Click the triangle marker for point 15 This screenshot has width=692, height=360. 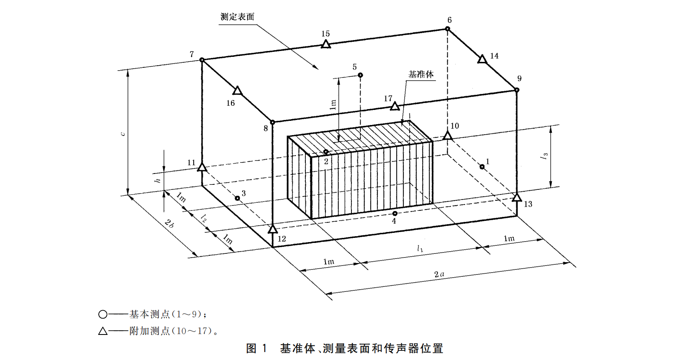pyautogui.click(x=326, y=44)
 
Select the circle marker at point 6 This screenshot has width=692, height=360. pyautogui.click(x=447, y=29)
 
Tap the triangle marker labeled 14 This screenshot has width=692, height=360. pyautogui.click(x=482, y=59)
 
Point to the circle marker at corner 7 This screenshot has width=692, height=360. pyautogui.click(x=202, y=60)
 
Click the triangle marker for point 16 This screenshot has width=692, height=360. pyautogui.click(x=237, y=90)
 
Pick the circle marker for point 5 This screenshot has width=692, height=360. pyautogui.click(x=360, y=75)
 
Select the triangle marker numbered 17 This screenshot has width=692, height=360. pyautogui.click(x=395, y=106)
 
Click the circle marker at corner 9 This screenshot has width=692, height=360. pyautogui.click(x=517, y=90)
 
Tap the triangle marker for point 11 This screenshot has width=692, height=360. pyautogui.click(x=202, y=167)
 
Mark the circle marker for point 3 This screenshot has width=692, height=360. pyautogui.click(x=237, y=198)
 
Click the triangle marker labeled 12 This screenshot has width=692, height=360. pyautogui.click(x=273, y=229)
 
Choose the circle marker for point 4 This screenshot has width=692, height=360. pyautogui.click(x=395, y=214)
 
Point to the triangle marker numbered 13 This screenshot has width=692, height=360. pyautogui.click(x=517, y=197)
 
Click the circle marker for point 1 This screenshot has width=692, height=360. pyautogui.click(x=482, y=167)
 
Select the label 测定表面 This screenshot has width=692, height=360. pyautogui.click(x=237, y=17)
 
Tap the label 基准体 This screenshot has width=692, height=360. pyautogui.click(x=421, y=74)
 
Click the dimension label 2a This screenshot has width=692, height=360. pyautogui.click(x=439, y=274)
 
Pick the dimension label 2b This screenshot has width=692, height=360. pyautogui.click(x=169, y=223)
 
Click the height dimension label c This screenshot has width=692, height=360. pyautogui.click(x=122, y=134)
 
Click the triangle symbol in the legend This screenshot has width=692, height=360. pyautogui.click(x=103, y=331)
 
